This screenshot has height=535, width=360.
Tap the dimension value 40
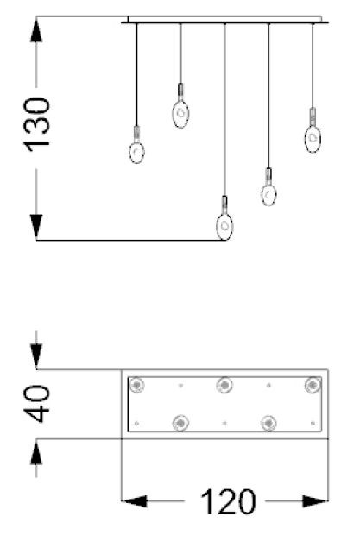[37, 404]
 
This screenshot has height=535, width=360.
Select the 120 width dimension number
[228, 502]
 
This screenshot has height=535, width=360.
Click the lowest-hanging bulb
[224, 227]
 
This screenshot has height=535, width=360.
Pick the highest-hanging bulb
[180, 114]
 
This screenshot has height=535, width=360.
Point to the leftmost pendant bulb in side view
[136, 152]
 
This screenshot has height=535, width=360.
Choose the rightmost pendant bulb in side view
[313, 139]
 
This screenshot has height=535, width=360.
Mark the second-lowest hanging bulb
[268, 194]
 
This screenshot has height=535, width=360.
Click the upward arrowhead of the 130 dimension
[36, 30]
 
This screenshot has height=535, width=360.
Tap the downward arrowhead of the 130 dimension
[36, 227]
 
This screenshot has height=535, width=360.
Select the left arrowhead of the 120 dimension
[134, 501]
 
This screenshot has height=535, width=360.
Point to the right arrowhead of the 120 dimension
[315, 501]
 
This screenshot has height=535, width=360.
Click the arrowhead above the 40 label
[36, 357]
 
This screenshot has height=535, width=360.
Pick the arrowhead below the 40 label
[36, 452]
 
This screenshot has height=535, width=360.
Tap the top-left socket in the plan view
[136, 386]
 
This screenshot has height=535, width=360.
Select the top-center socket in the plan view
[224, 386]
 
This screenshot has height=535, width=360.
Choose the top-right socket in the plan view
[313, 385]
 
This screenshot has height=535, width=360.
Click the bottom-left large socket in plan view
[180, 423]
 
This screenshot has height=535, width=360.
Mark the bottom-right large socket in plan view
[268, 423]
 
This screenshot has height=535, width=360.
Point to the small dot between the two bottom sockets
[224, 423]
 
